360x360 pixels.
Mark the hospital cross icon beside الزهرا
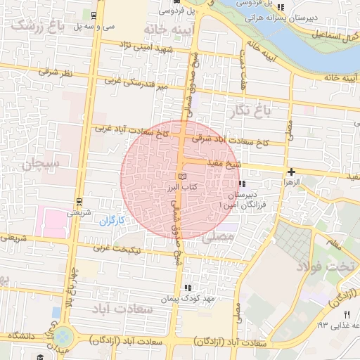click(x=291, y=171)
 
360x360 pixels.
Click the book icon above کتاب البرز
click(x=183, y=176)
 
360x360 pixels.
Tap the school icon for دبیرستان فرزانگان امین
click(x=243, y=185)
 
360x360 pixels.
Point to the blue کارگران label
click(x=111, y=220)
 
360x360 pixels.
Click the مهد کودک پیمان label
click(x=166, y=299)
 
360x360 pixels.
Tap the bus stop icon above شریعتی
click(x=79, y=201)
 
